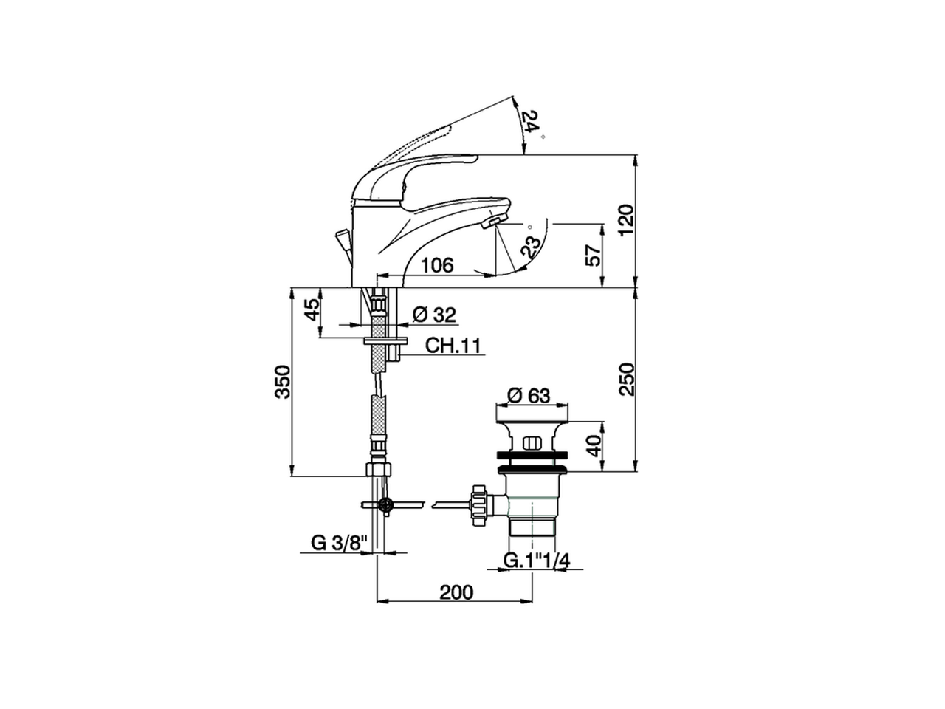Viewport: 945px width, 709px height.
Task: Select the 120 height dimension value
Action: point(627,220)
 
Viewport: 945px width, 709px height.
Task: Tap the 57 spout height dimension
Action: point(594,256)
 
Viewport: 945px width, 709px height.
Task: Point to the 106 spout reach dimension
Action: point(437,265)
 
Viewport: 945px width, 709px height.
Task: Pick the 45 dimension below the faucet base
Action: point(313,309)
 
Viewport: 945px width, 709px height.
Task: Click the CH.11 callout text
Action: point(453,345)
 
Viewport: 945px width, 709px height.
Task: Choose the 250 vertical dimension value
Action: point(627,379)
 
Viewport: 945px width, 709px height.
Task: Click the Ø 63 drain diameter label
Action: point(529,395)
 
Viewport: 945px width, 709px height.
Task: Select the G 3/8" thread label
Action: point(339,543)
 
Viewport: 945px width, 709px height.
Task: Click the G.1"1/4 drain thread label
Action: point(537,561)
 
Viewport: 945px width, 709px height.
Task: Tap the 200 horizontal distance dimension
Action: point(456,592)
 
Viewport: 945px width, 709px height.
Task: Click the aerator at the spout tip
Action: point(492,222)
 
